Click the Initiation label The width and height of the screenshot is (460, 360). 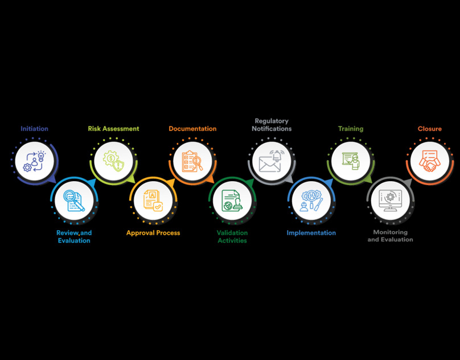tap(34, 129)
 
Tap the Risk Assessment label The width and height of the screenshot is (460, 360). tap(113, 129)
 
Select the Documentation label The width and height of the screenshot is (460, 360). tap(192, 129)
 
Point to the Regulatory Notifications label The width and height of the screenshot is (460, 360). tap(272, 125)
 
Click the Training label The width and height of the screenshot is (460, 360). tap(351, 129)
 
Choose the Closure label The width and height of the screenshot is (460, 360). tap(429, 129)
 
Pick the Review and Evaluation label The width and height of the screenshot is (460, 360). tap(74, 236)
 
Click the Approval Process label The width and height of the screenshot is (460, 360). tap(153, 232)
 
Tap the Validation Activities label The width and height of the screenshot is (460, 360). tap(232, 236)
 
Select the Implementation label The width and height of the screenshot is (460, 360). tap(311, 232)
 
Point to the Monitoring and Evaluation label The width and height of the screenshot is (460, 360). tap(390, 236)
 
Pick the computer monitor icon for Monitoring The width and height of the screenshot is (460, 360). tap(390, 200)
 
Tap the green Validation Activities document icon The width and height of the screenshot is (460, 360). tap(232, 200)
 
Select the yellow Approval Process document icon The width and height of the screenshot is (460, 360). tap(153, 200)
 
